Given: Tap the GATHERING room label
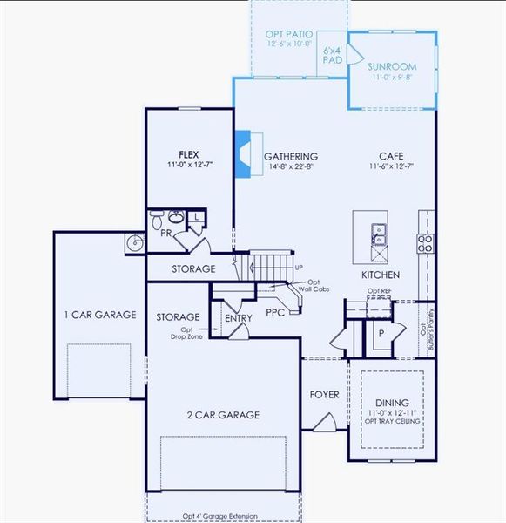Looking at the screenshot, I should (x=291, y=156).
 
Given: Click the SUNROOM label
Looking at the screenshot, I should (x=391, y=66).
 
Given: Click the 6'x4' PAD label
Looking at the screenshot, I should (x=333, y=56).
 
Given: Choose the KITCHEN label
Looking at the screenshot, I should (x=381, y=275).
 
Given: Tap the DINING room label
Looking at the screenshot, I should (x=391, y=402).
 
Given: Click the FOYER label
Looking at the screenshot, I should (x=325, y=395).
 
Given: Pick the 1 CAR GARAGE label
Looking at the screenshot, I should (x=98, y=315).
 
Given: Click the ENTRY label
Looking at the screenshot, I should (x=239, y=318).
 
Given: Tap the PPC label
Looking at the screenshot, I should (x=276, y=311).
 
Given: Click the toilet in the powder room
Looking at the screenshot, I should (x=157, y=216).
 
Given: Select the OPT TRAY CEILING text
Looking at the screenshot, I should (x=394, y=421).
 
